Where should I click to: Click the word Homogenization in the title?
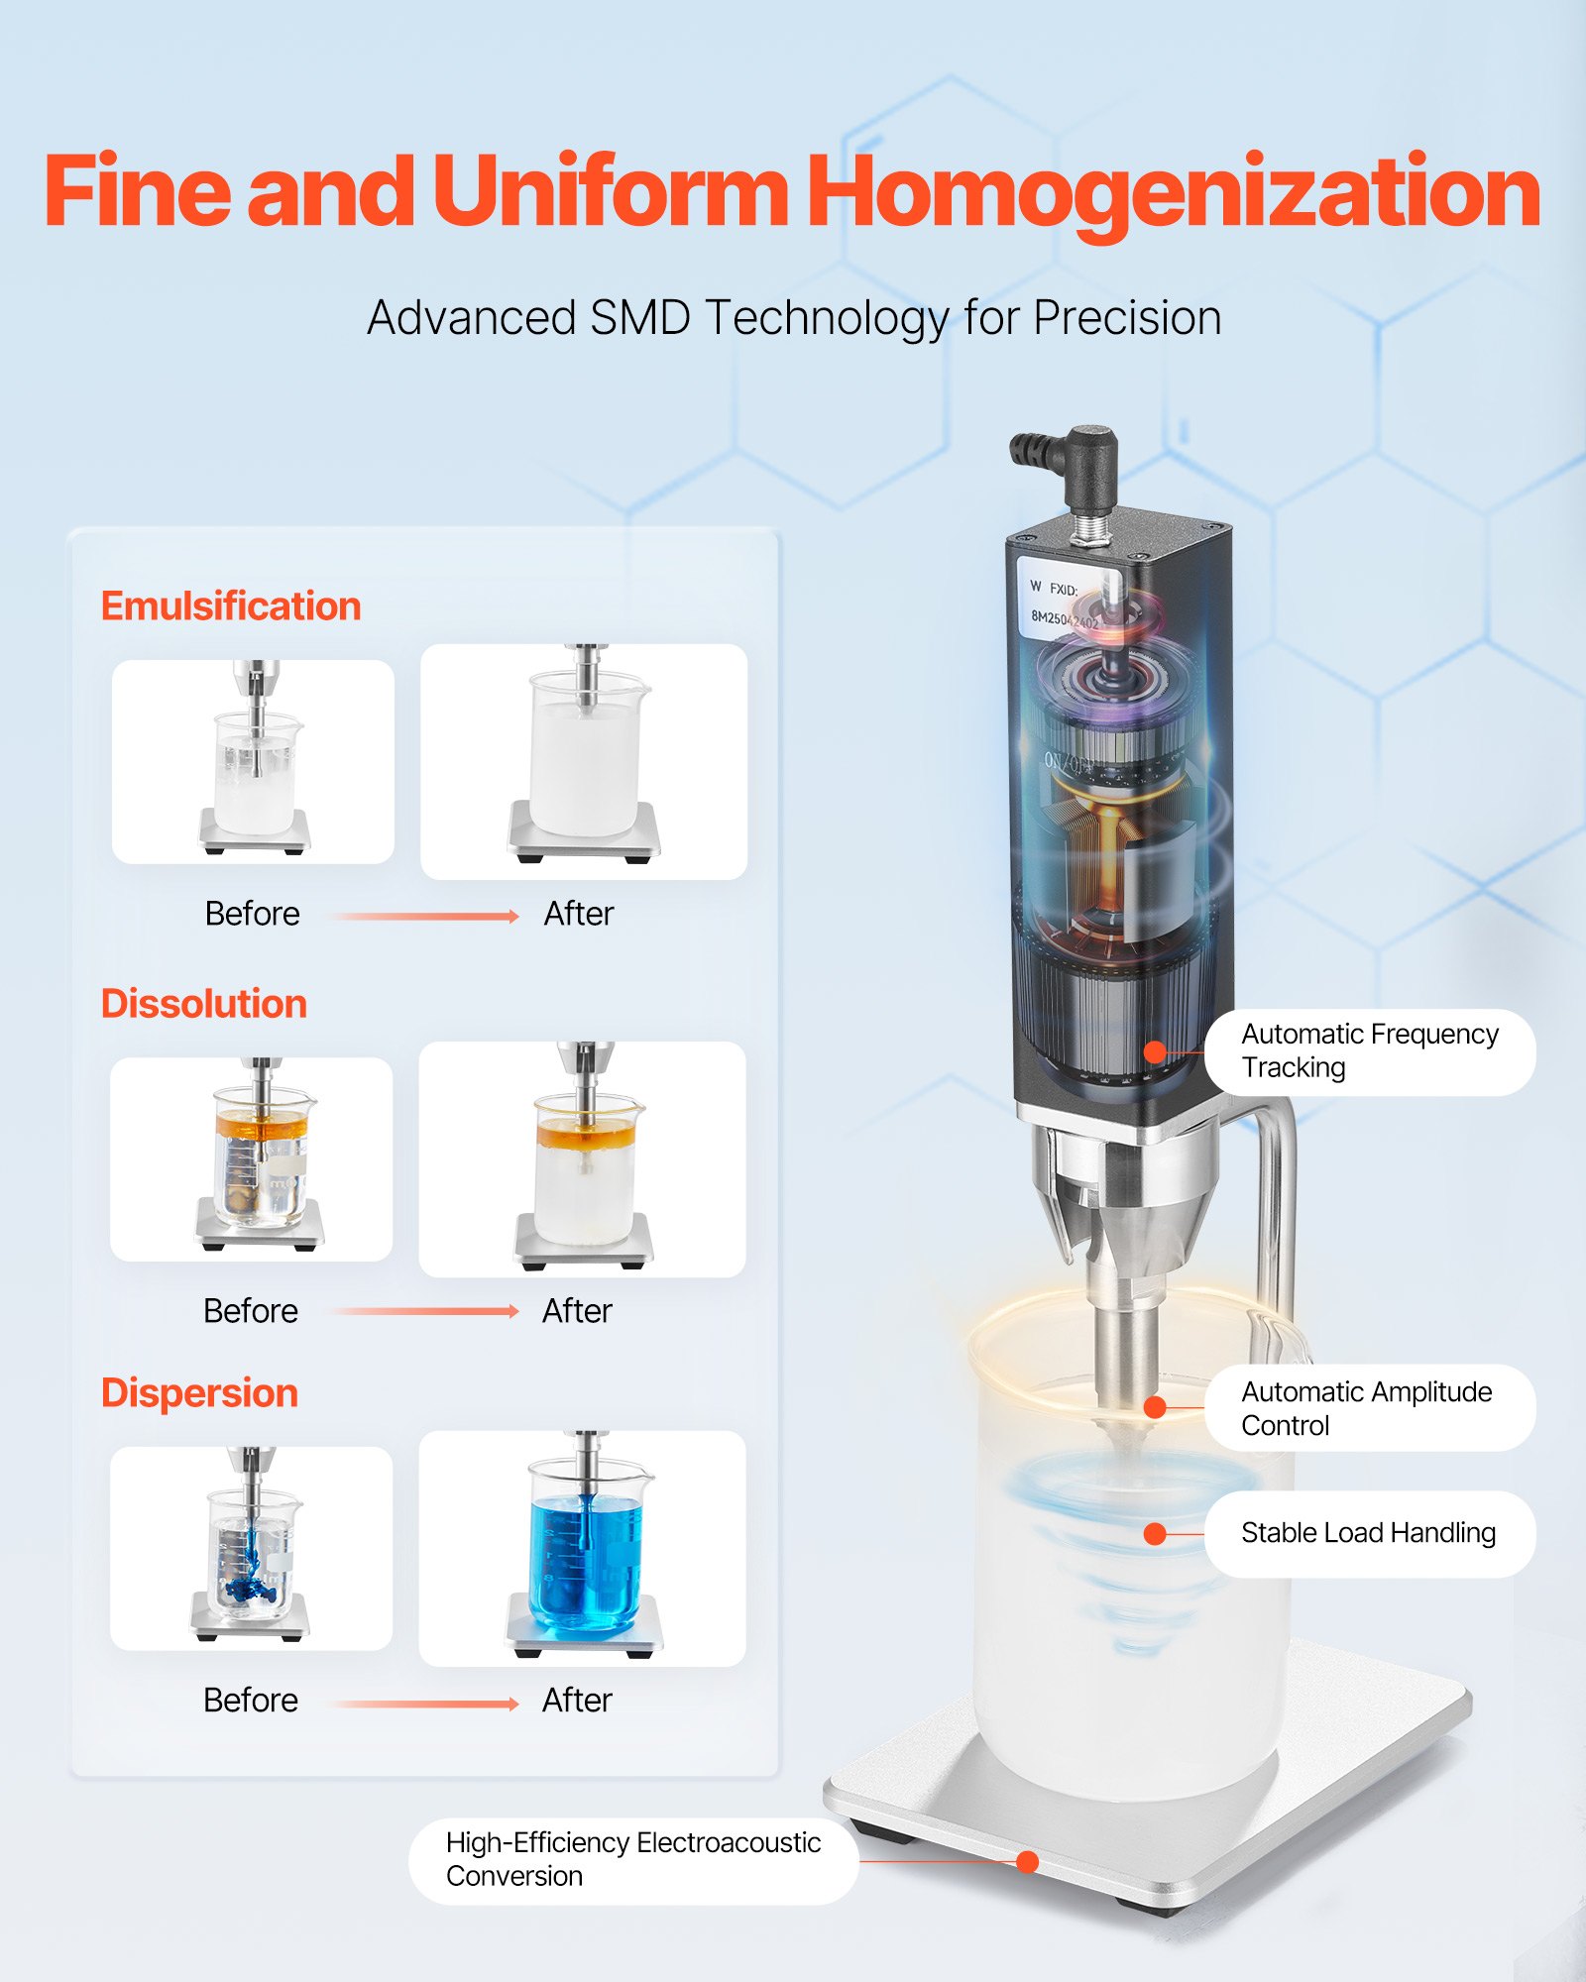1174,193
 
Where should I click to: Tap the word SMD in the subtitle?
640,319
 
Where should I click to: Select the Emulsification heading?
231,606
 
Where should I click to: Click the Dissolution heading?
204,1004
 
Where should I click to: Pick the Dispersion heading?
199,1393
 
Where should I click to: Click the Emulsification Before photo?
253,761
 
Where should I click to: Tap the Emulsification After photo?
584,761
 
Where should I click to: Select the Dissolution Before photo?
252,1158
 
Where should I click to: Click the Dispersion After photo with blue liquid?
583,1548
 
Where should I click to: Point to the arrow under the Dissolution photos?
423,1311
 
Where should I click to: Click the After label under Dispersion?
577,1701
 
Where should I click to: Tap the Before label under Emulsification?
252,914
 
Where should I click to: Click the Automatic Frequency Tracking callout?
1370,1051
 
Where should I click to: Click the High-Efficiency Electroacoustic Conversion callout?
633,1860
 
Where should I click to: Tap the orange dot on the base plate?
1028,1862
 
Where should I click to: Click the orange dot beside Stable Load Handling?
1155,1534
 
